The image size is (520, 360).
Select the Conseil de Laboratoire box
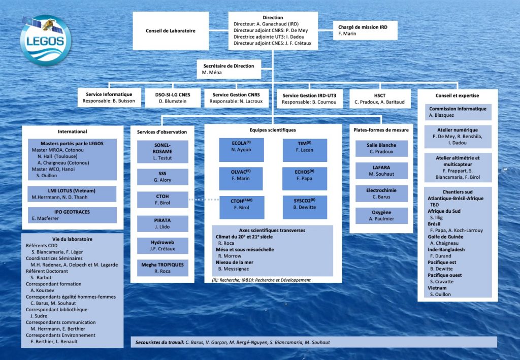[x=171, y=30]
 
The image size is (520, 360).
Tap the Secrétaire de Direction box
[x=229, y=70]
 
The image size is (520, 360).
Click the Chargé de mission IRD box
[x=366, y=30]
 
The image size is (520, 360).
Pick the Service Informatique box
[x=109, y=98]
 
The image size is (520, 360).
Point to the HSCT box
[x=379, y=98]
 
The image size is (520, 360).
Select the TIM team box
[x=305, y=150]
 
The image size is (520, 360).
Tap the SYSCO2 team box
[x=305, y=207]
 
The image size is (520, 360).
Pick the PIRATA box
[x=162, y=223]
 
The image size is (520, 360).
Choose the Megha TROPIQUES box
[x=162, y=268]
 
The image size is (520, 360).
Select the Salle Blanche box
[x=381, y=148]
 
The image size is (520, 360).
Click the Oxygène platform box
[x=381, y=215]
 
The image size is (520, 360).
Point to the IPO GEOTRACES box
[x=72, y=215]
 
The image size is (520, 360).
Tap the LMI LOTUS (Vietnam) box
[x=72, y=193]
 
